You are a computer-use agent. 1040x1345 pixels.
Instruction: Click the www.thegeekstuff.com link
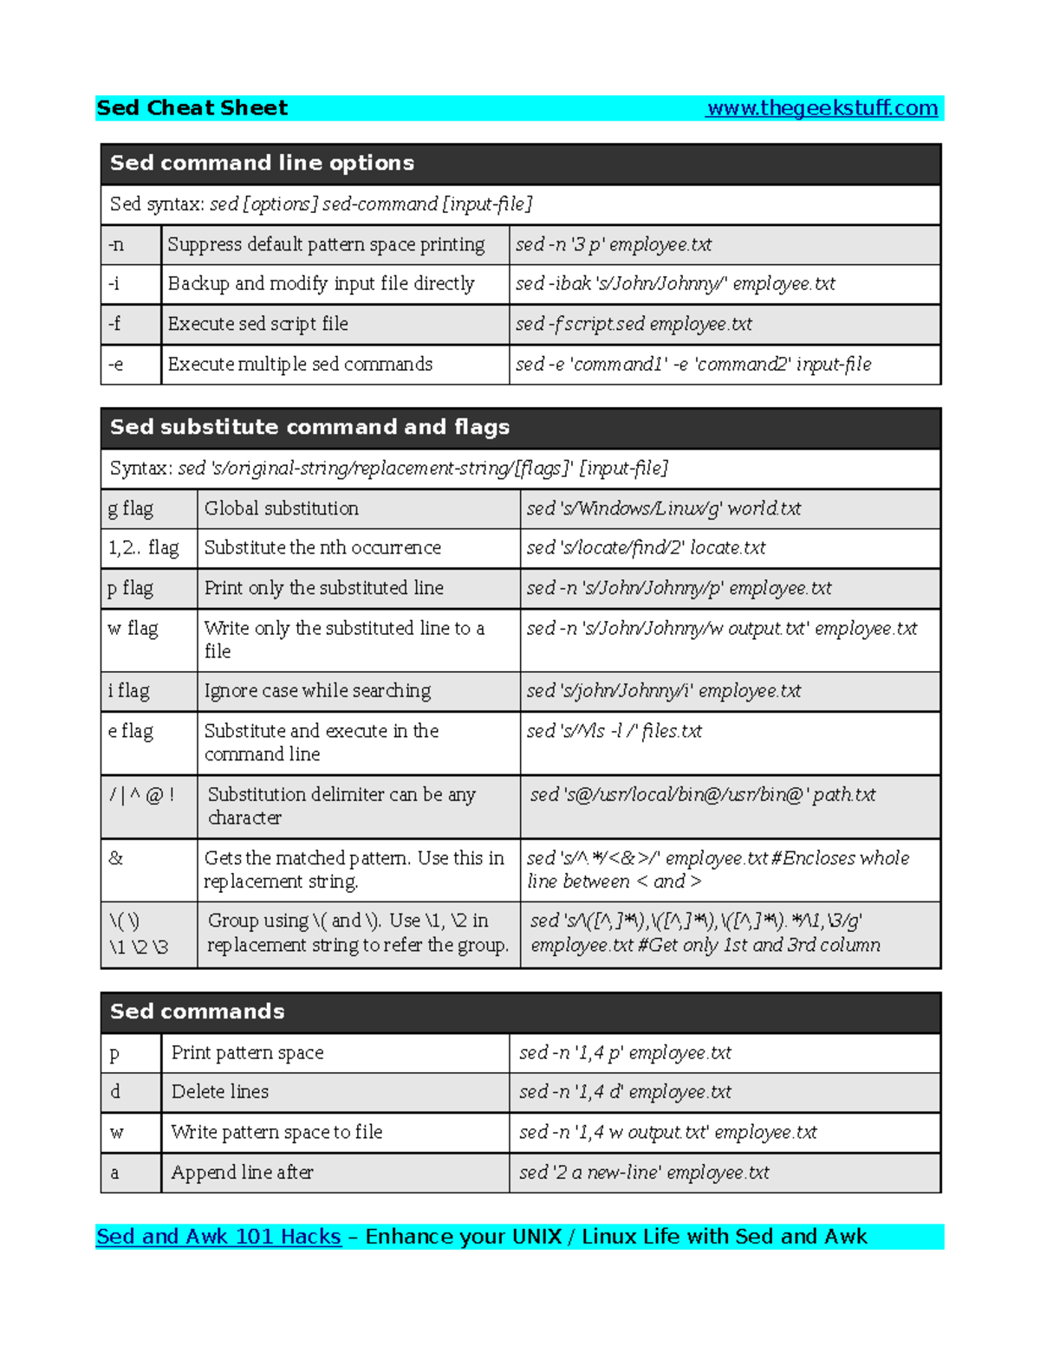pyautogui.click(x=822, y=108)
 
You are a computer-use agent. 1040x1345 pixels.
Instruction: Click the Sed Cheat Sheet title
pyautogui.click(x=192, y=108)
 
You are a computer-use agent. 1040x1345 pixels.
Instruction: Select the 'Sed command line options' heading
pyautogui.click(x=262, y=164)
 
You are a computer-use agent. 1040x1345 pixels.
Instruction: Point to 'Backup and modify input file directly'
pyautogui.click(x=321, y=284)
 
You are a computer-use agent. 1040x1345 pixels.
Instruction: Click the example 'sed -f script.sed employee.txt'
pyautogui.click(x=634, y=324)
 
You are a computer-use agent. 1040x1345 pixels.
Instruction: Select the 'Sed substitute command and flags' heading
pyautogui.click(x=309, y=428)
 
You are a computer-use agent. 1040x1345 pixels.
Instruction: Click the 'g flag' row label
pyautogui.click(x=131, y=509)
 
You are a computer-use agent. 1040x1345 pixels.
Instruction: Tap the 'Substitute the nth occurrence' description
pyautogui.click(x=322, y=548)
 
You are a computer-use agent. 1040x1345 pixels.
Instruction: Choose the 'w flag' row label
pyautogui.click(x=133, y=629)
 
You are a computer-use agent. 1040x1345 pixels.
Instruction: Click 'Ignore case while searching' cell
pyautogui.click(x=317, y=691)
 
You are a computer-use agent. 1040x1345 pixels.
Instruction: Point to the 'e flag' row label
pyautogui.click(x=131, y=732)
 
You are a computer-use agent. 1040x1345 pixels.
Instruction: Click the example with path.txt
pyautogui.click(x=702, y=795)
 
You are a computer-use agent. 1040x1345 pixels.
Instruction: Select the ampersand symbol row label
pyautogui.click(x=116, y=858)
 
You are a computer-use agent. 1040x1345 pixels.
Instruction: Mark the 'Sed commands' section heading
pyautogui.click(x=197, y=1012)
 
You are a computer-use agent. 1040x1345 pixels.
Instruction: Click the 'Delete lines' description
pyautogui.click(x=220, y=1092)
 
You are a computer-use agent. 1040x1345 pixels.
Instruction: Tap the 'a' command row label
pyautogui.click(x=114, y=1174)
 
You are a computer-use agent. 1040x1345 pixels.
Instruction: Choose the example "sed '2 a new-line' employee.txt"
pyautogui.click(x=644, y=1173)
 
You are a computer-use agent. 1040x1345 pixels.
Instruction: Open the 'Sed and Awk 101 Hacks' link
pyautogui.click(x=218, y=1237)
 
